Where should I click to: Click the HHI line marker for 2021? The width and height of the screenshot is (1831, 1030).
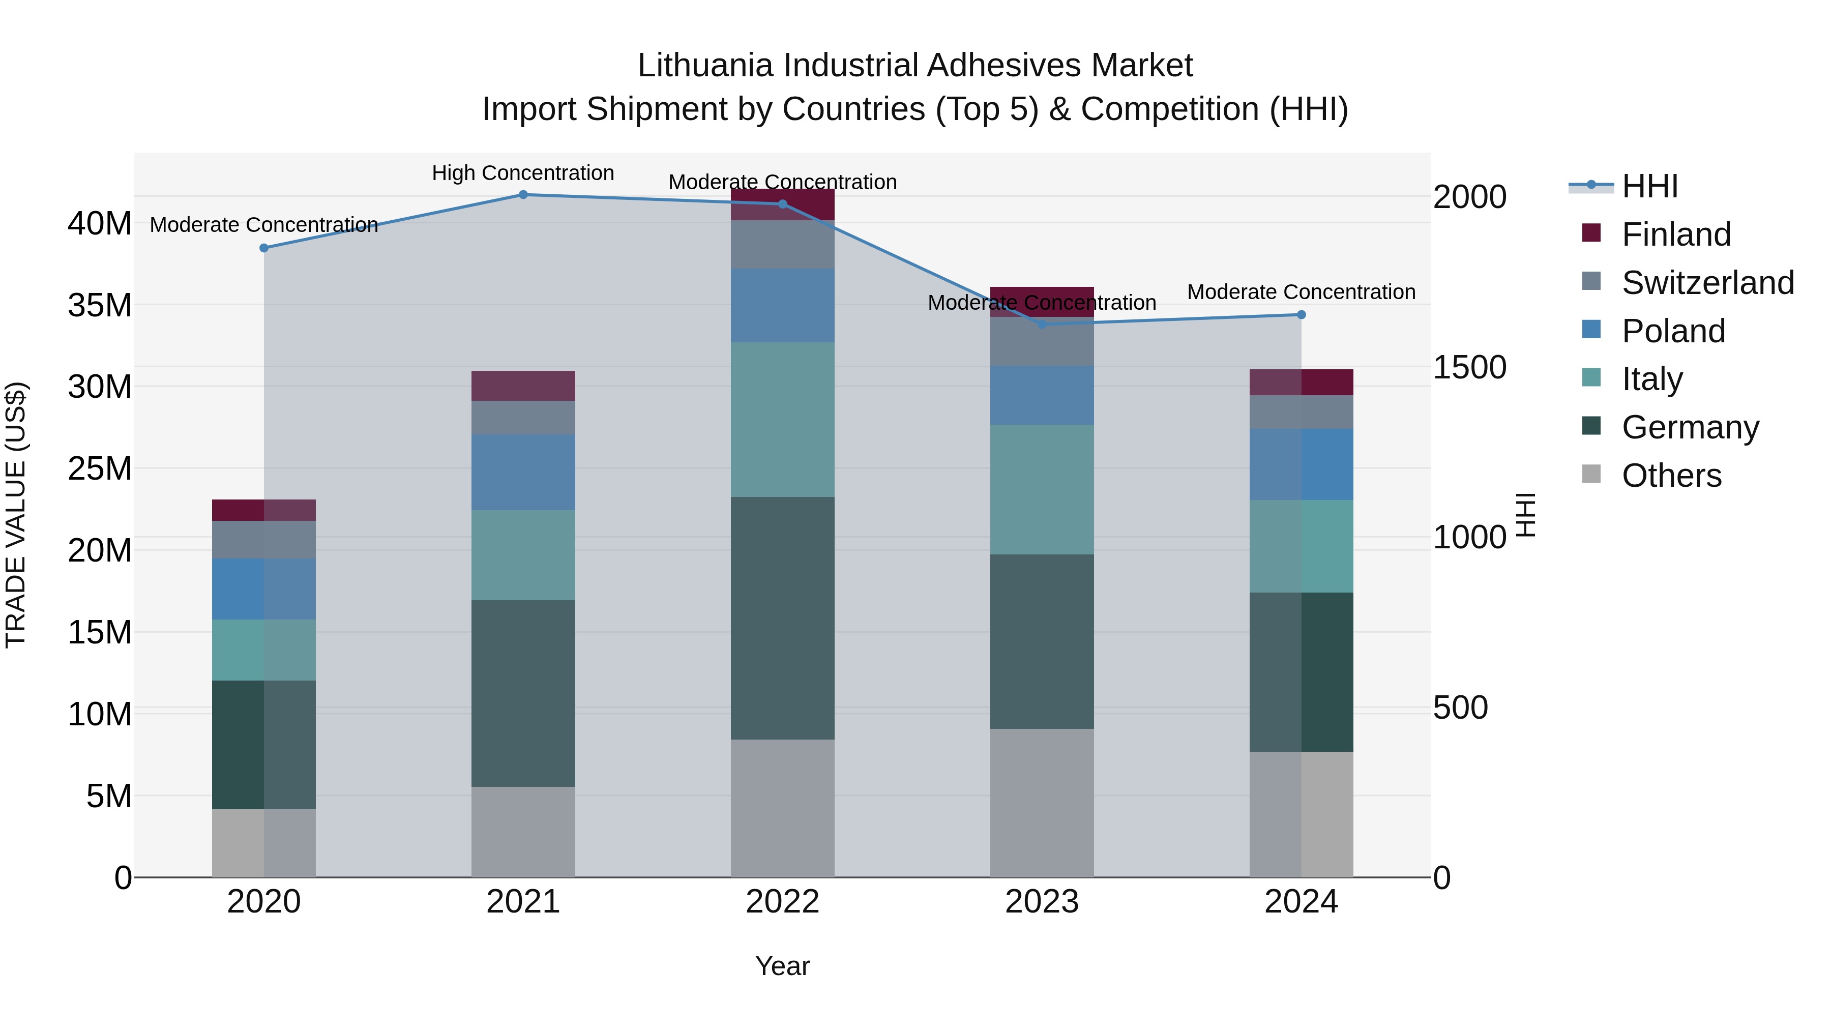523,194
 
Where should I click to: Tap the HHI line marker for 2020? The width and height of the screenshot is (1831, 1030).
263,248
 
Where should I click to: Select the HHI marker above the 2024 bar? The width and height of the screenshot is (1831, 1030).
1302,314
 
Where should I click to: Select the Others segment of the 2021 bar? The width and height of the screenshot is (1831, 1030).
523,831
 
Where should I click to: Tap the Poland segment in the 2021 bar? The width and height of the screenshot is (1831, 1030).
523,472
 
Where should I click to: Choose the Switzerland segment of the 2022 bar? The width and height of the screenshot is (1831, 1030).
783,245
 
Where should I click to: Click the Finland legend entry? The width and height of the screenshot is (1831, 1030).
1675,234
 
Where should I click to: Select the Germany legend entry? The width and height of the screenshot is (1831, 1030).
1690,427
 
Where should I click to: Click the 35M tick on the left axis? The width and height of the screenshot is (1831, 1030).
100,306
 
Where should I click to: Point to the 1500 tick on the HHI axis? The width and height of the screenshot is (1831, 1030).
1469,368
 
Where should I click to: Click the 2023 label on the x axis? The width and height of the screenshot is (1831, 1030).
1042,902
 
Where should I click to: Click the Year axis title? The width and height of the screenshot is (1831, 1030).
783,966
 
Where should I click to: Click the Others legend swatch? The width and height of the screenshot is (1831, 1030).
1591,474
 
